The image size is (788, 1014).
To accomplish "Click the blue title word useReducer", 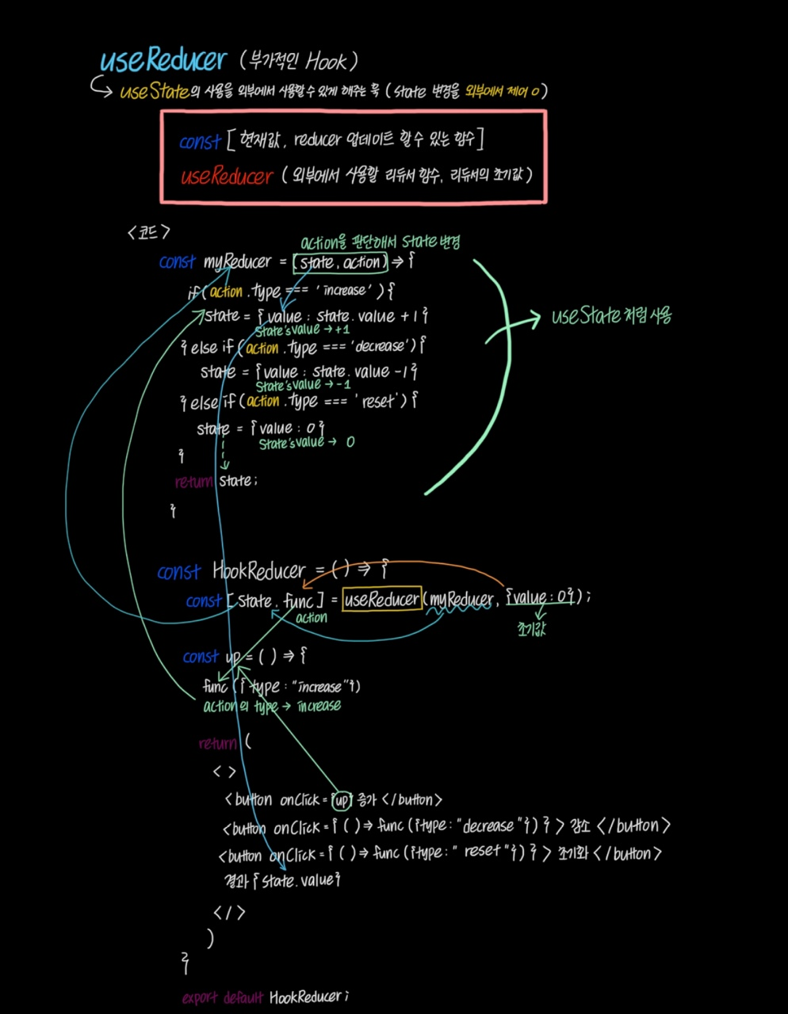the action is point(163,61).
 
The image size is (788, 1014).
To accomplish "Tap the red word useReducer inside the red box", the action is point(226,176).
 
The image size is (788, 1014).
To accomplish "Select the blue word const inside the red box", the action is point(199,142).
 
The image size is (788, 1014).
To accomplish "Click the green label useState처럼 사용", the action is point(611,316).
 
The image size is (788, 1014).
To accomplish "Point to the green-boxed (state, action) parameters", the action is point(340,262).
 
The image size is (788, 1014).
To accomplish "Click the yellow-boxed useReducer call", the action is point(382,600).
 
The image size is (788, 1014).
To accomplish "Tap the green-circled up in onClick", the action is point(342,800).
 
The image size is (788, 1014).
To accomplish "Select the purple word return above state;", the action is point(193,482).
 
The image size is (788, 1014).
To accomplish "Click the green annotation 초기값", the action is point(531,630).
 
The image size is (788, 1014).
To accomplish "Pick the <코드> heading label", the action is point(148,232).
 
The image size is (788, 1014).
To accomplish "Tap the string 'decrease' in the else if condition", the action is point(384,346).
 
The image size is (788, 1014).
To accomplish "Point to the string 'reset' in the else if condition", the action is point(378,402).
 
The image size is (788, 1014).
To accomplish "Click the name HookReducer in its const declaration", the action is point(258,570).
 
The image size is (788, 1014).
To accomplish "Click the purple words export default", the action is point(222,997).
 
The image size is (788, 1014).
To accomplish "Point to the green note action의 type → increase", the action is point(272,706).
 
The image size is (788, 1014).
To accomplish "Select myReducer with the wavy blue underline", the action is point(461,600).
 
